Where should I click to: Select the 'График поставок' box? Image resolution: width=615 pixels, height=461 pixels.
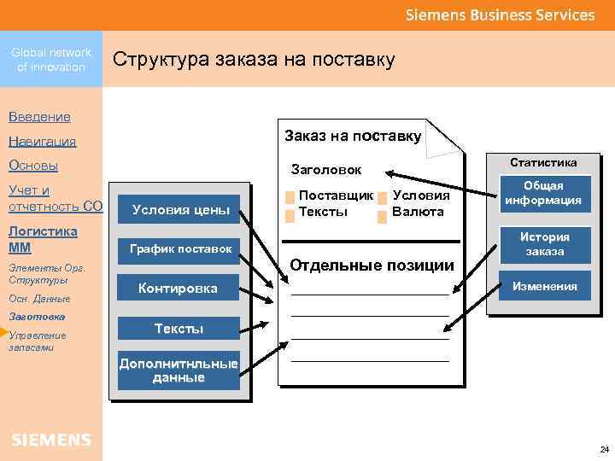click(180, 249)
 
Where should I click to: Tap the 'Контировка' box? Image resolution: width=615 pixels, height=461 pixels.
click(178, 289)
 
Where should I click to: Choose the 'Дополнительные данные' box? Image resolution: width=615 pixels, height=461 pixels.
click(179, 371)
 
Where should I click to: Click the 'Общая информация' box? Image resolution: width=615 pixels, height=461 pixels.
click(543, 194)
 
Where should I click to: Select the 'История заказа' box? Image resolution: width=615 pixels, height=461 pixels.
click(544, 244)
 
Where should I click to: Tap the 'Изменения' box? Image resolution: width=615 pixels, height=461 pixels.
click(544, 287)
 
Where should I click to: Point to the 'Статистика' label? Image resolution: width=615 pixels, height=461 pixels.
click(543, 162)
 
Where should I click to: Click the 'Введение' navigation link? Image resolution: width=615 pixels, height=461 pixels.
click(39, 116)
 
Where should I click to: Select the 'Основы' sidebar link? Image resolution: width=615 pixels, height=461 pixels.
click(32, 166)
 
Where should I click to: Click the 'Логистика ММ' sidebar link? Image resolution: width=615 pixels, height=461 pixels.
click(42, 238)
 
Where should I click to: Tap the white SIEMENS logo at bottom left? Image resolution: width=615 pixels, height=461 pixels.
click(51, 440)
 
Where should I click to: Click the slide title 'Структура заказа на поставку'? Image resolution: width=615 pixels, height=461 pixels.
click(254, 60)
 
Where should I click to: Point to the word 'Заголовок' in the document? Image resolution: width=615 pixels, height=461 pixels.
click(326, 170)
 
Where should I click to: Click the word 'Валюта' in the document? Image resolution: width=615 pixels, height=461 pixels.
click(418, 212)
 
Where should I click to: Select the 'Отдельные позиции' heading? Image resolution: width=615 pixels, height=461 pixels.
click(372, 265)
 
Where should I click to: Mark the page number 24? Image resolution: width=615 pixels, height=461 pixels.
click(604, 449)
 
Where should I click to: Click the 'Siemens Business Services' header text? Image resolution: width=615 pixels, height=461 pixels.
click(500, 15)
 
